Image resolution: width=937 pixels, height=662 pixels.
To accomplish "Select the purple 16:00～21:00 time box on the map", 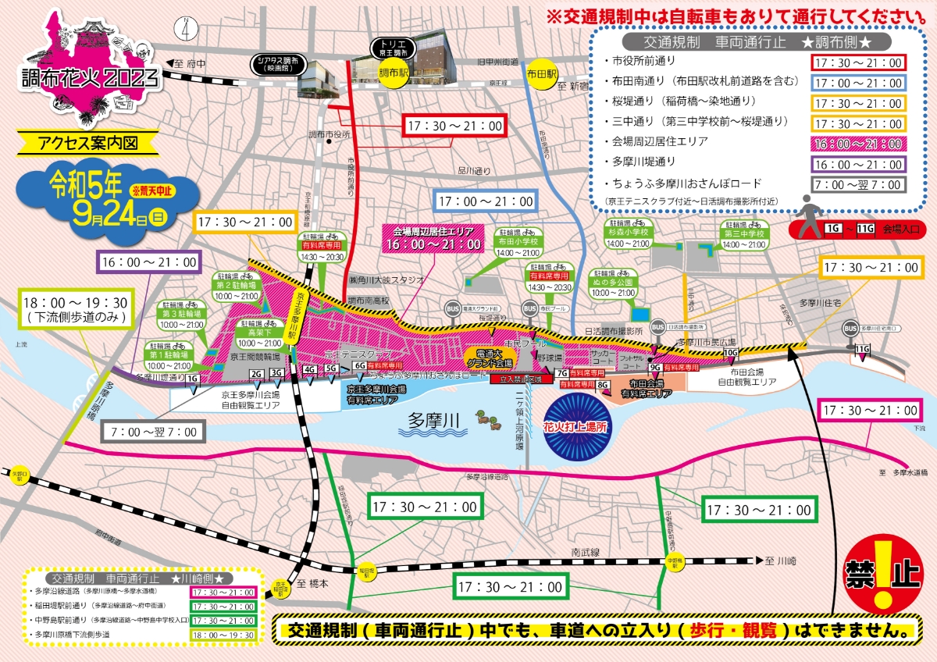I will pyautogui.click(x=148, y=262).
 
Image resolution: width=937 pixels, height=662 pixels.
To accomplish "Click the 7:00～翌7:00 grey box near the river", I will pyautogui.click(x=157, y=431).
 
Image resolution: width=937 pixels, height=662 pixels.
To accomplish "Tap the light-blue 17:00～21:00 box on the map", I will pyautogui.click(x=486, y=201).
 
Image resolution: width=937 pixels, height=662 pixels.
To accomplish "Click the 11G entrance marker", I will pyautogui.click(x=862, y=349).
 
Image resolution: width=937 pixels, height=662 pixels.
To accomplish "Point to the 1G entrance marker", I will pyautogui.click(x=192, y=379).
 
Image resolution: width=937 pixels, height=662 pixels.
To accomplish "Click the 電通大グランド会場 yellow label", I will pyautogui.click(x=488, y=358).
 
